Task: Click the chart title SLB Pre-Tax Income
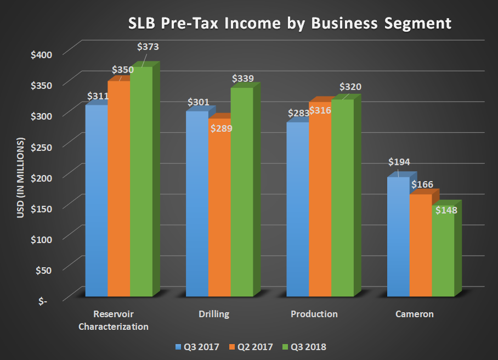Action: pos(290,23)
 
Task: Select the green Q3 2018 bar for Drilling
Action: pos(241,192)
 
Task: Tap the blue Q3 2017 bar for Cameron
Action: pos(398,236)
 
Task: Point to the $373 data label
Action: pos(148,47)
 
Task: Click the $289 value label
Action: pos(221,129)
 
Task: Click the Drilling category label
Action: pos(214,314)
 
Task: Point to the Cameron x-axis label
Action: pos(414,314)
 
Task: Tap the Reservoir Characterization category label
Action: pos(114,320)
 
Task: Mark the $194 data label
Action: pos(399,162)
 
